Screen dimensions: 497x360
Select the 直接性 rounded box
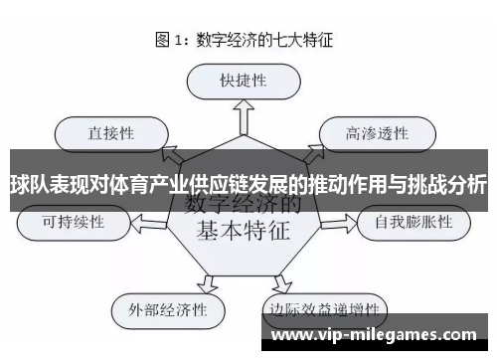click(x=112, y=130)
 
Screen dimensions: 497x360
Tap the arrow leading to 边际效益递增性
click(x=288, y=280)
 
